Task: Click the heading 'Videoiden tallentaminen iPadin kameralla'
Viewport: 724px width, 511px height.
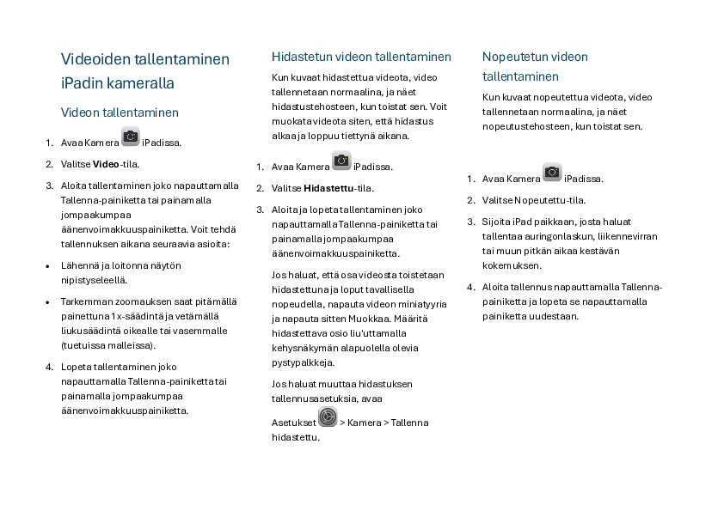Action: (x=145, y=71)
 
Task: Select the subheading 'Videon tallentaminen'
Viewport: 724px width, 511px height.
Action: (x=120, y=113)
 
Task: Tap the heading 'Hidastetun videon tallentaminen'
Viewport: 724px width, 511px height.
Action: (x=361, y=57)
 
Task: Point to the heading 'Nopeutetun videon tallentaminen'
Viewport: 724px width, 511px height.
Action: (x=535, y=66)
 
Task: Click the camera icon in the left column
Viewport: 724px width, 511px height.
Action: (x=131, y=137)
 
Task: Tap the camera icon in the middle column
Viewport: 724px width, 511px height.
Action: (x=341, y=161)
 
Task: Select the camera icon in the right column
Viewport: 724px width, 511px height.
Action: (x=552, y=173)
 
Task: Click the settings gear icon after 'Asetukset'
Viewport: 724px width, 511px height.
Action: (x=328, y=417)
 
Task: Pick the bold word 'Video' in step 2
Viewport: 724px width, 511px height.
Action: (x=106, y=164)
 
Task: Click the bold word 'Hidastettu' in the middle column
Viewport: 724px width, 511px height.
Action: (x=328, y=188)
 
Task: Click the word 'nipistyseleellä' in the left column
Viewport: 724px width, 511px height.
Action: (x=94, y=280)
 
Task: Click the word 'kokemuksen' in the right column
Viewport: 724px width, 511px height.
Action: (x=511, y=266)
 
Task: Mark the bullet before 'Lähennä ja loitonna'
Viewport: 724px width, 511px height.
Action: (x=47, y=266)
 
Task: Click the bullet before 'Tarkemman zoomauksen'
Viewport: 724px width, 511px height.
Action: (x=47, y=302)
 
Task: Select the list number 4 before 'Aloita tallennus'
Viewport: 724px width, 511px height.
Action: (x=470, y=287)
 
